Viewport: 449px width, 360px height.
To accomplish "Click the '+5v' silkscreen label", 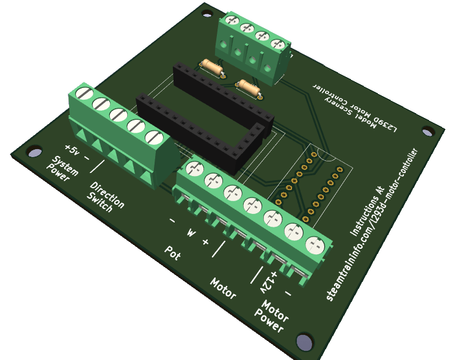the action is point(72,150).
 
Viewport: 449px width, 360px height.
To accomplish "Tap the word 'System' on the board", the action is point(65,166).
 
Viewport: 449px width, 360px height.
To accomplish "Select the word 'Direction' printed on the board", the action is point(107,195).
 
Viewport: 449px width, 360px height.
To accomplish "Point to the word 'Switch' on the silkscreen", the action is point(100,202).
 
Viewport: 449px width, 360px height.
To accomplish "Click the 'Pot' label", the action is point(173,253).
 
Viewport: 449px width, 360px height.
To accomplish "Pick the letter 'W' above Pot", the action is point(191,232).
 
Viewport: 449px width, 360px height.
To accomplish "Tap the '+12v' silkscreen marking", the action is point(269,282).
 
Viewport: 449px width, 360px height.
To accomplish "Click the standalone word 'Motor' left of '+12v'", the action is point(223,288).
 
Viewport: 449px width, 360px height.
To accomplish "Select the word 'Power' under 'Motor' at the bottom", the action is point(269,321).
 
